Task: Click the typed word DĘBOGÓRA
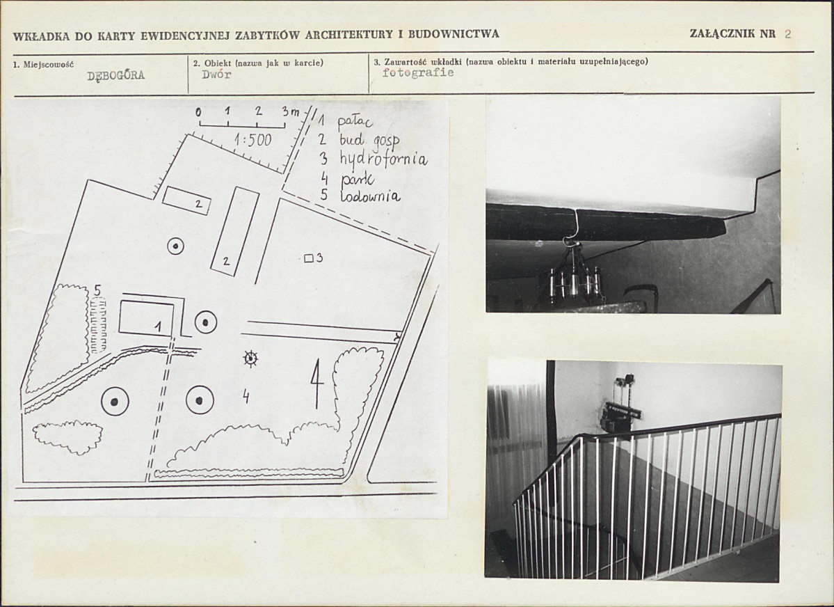(116, 75)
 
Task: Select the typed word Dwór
(216, 74)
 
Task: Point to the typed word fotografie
(418, 72)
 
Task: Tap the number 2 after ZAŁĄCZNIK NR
(787, 34)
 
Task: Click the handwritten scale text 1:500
(252, 140)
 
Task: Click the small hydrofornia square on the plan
(308, 259)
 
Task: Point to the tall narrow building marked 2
(234, 231)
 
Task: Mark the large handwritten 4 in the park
(317, 383)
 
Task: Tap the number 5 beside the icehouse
(97, 291)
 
